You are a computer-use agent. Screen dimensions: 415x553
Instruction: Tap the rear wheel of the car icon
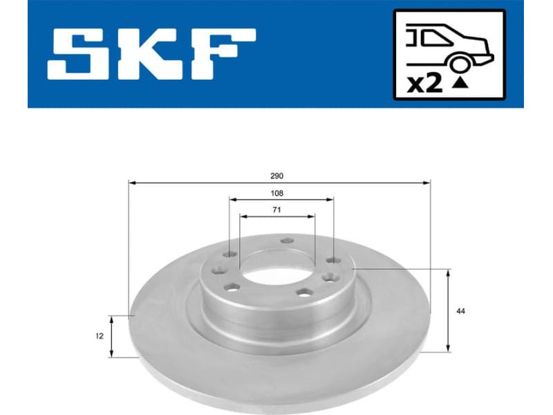click(458, 64)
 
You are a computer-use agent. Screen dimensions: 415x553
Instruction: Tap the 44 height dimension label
click(461, 311)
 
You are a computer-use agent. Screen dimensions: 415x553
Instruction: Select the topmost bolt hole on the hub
click(287, 241)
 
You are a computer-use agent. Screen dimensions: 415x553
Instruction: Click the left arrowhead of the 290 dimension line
click(132, 183)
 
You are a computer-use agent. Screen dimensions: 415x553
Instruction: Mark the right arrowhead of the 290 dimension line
click(427, 183)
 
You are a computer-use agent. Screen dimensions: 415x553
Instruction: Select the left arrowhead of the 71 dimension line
click(242, 216)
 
